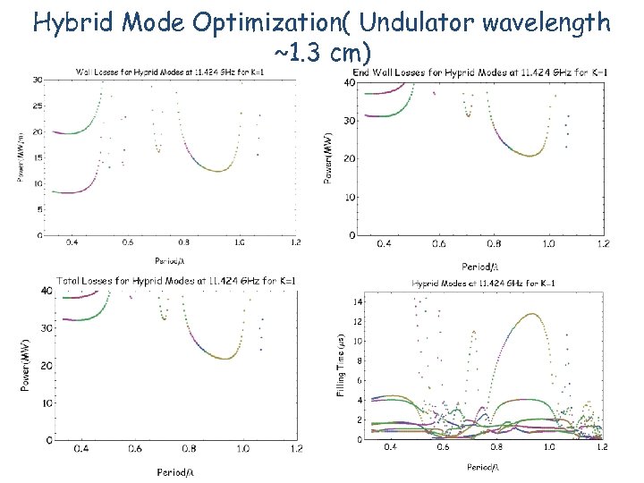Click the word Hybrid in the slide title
[x=72, y=21]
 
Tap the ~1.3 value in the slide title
[x=298, y=55]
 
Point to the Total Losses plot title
[x=176, y=281]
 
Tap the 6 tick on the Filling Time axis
[x=360, y=381]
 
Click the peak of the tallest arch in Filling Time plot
[x=532, y=314]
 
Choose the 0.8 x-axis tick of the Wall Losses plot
[x=184, y=242]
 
